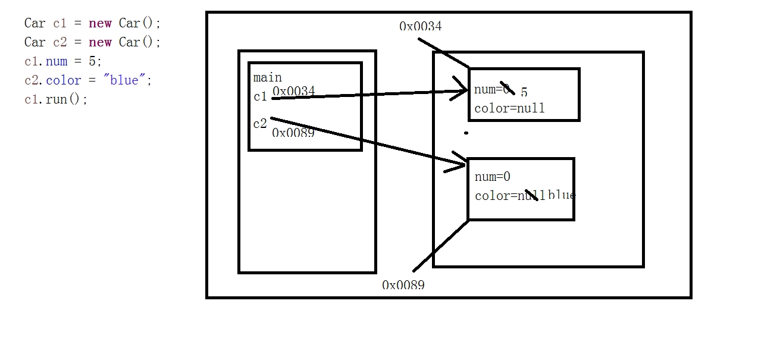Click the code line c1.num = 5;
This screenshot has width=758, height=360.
(63, 61)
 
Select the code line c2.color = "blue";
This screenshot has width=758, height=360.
(88, 80)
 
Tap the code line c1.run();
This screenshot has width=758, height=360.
(56, 99)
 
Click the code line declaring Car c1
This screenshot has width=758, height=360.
(92, 23)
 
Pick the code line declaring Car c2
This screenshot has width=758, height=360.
(92, 42)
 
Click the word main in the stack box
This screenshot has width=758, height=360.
(267, 77)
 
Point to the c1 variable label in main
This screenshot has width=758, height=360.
(260, 96)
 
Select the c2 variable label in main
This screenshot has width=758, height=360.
(260, 124)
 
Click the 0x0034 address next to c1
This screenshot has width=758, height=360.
(294, 91)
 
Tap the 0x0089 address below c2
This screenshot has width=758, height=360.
(293, 133)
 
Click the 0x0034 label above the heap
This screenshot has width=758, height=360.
(421, 26)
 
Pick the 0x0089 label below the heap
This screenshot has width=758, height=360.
(403, 285)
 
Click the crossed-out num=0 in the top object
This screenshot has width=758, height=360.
(493, 90)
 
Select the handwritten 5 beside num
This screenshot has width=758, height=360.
(524, 92)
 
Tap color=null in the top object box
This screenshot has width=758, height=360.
(509, 109)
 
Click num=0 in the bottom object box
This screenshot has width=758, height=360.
(493, 177)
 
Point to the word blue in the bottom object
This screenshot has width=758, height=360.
(562, 195)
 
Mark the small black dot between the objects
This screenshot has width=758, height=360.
(466, 133)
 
